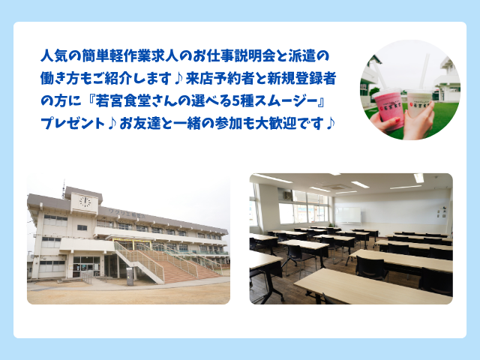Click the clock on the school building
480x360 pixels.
pos(85,202)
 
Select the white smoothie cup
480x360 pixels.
pos(418,104)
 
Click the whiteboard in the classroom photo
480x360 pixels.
pos(348,215)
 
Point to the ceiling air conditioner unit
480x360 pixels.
pos(336,186)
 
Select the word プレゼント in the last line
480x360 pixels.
pos(73,124)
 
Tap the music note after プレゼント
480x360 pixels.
pos(112,124)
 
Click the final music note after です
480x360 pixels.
pos(330,124)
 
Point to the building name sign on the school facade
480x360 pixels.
pos(127,214)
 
